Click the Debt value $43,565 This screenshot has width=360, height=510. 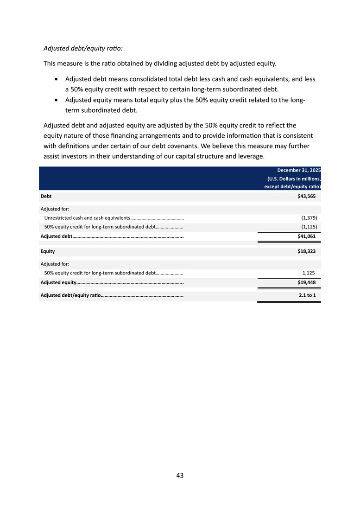(x=306, y=197)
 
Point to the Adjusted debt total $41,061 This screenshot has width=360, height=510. (x=306, y=236)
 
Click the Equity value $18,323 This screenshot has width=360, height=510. (x=306, y=251)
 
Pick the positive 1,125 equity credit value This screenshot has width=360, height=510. (x=309, y=273)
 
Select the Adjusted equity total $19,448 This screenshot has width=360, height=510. (x=306, y=282)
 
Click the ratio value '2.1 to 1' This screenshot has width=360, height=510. (x=307, y=295)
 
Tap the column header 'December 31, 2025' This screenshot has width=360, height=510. (x=299, y=170)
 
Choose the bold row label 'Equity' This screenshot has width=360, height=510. (x=48, y=251)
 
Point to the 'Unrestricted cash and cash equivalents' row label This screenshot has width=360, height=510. (x=87, y=217)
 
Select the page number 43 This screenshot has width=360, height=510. (x=180, y=475)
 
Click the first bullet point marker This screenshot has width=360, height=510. (x=56, y=79)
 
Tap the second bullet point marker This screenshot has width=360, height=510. (x=56, y=100)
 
